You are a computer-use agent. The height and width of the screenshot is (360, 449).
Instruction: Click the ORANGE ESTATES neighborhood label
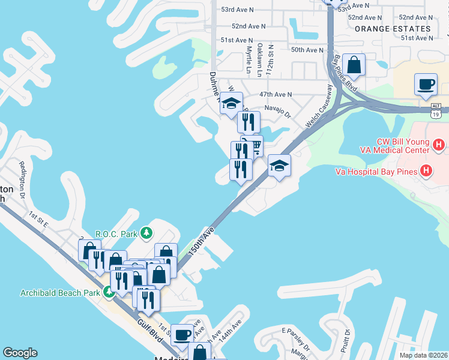(x=393, y=28)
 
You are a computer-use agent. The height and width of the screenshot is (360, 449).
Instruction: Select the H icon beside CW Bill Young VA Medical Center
(x=439, y=145)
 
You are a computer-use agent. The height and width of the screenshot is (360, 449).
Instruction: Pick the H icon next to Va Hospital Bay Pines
(x=427, y=172)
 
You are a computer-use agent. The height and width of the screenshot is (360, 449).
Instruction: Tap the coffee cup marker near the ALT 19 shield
(x=426, y=85)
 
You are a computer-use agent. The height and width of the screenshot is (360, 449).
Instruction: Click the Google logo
(x=20, y=353)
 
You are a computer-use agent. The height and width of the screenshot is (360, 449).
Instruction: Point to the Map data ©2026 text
(x=424, y=355)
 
